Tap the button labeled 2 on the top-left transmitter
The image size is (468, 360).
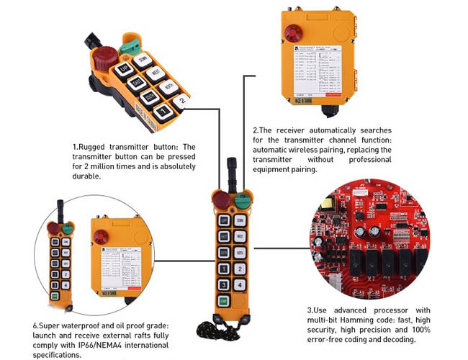click(182, 102)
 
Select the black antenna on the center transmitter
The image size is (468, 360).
click(231, 172)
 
